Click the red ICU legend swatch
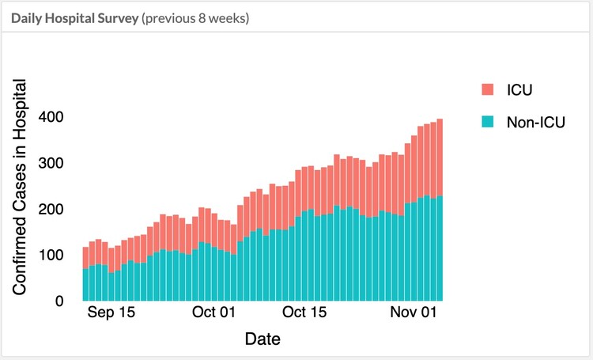(488, 89)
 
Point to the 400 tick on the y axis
(51, 117)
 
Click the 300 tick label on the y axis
(51, 163)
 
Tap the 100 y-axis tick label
(51, 256)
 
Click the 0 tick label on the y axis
(59, 301)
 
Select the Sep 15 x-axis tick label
(111, 313)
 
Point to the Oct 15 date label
(305, 313)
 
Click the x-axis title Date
(263, 339)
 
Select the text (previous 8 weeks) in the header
(195, 17)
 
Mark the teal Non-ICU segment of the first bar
(85, 285)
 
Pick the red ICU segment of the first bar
(85, 258)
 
